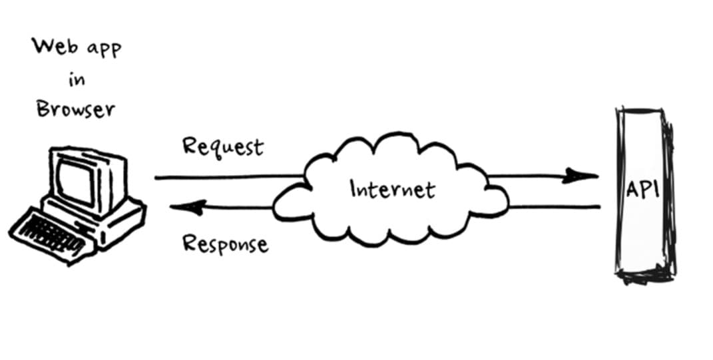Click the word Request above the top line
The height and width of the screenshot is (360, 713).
[222, 146]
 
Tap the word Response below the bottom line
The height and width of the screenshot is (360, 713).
[225, 244]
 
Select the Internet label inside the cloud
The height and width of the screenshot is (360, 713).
[392, 190]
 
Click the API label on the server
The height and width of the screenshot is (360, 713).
[642, 190]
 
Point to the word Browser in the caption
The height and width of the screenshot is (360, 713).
[75, 109]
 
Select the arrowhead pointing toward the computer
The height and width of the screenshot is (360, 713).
[186, 208]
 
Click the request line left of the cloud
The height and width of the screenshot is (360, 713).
[226, 178]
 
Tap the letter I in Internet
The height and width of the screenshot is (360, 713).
[354, 189]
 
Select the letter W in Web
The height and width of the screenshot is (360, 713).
[41, 47]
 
